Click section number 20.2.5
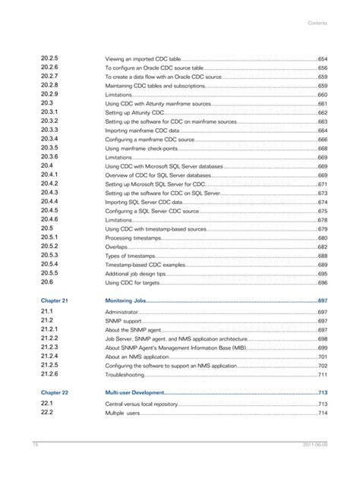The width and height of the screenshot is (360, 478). pos(49,58)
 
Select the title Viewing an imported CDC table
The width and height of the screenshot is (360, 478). pos(142,58)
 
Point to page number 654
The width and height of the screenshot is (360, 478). pos(322,58)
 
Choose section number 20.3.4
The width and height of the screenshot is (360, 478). pos(49,140)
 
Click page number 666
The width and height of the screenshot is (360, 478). pos(322,140)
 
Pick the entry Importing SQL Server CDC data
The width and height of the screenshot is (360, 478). pos(144,203)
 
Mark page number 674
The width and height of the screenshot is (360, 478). pos(322,203)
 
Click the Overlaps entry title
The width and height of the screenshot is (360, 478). pos(116,247)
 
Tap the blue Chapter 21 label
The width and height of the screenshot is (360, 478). pos(55,301)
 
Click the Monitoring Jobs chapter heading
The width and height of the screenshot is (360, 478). pos(125,301)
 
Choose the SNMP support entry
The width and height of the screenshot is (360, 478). pos(124,321)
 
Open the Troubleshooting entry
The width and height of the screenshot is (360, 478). pos(125,375)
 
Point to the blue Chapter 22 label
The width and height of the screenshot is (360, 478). pos(55,393)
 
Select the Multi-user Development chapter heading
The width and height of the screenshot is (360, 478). pos(134,393)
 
